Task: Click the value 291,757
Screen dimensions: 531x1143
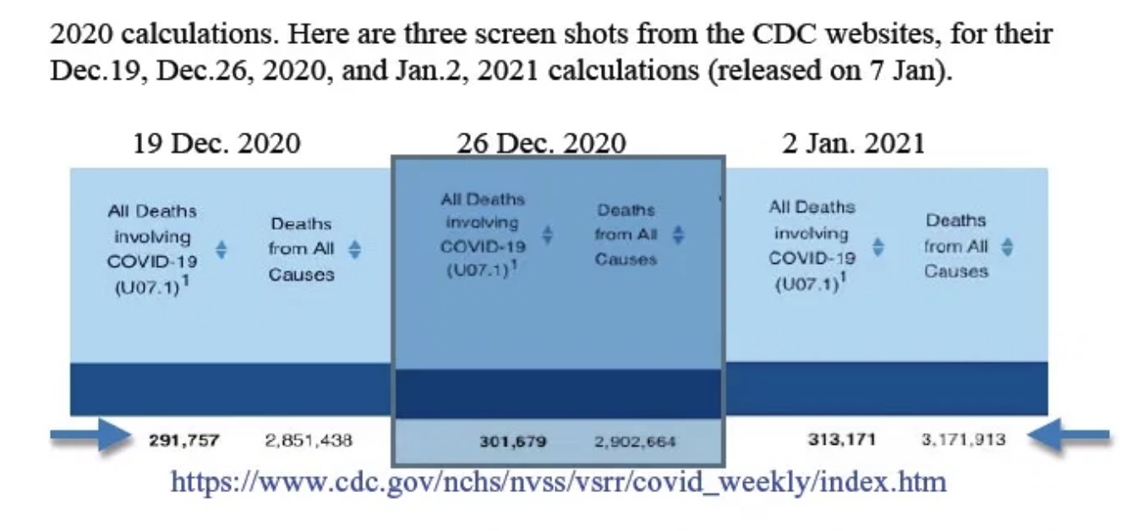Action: [x=184, y=440]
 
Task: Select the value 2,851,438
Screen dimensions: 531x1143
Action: [x=309, y=440]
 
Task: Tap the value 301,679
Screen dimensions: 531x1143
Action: [x=512, y=441]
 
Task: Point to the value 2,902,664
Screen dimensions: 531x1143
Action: [x=635, y=441]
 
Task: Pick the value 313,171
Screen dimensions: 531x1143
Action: [x=841, y=439]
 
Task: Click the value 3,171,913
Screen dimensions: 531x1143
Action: [x=963, y=439]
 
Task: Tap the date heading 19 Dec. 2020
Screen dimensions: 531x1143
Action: [x=216, y=143]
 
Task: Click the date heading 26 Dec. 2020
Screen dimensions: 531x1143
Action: [x=541, y=143]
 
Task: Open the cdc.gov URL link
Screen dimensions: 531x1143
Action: [x=558, y=482]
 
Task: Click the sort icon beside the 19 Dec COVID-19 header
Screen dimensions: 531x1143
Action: [x=221, y=249]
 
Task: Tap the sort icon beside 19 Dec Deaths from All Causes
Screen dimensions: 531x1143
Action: [x=355, y=249]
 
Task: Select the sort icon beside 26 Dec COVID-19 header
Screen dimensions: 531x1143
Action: [x=548, y=235]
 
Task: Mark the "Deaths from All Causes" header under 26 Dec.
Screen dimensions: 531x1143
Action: [x=626, y=234]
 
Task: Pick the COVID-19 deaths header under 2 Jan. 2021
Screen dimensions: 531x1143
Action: [x=812, y=245]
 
